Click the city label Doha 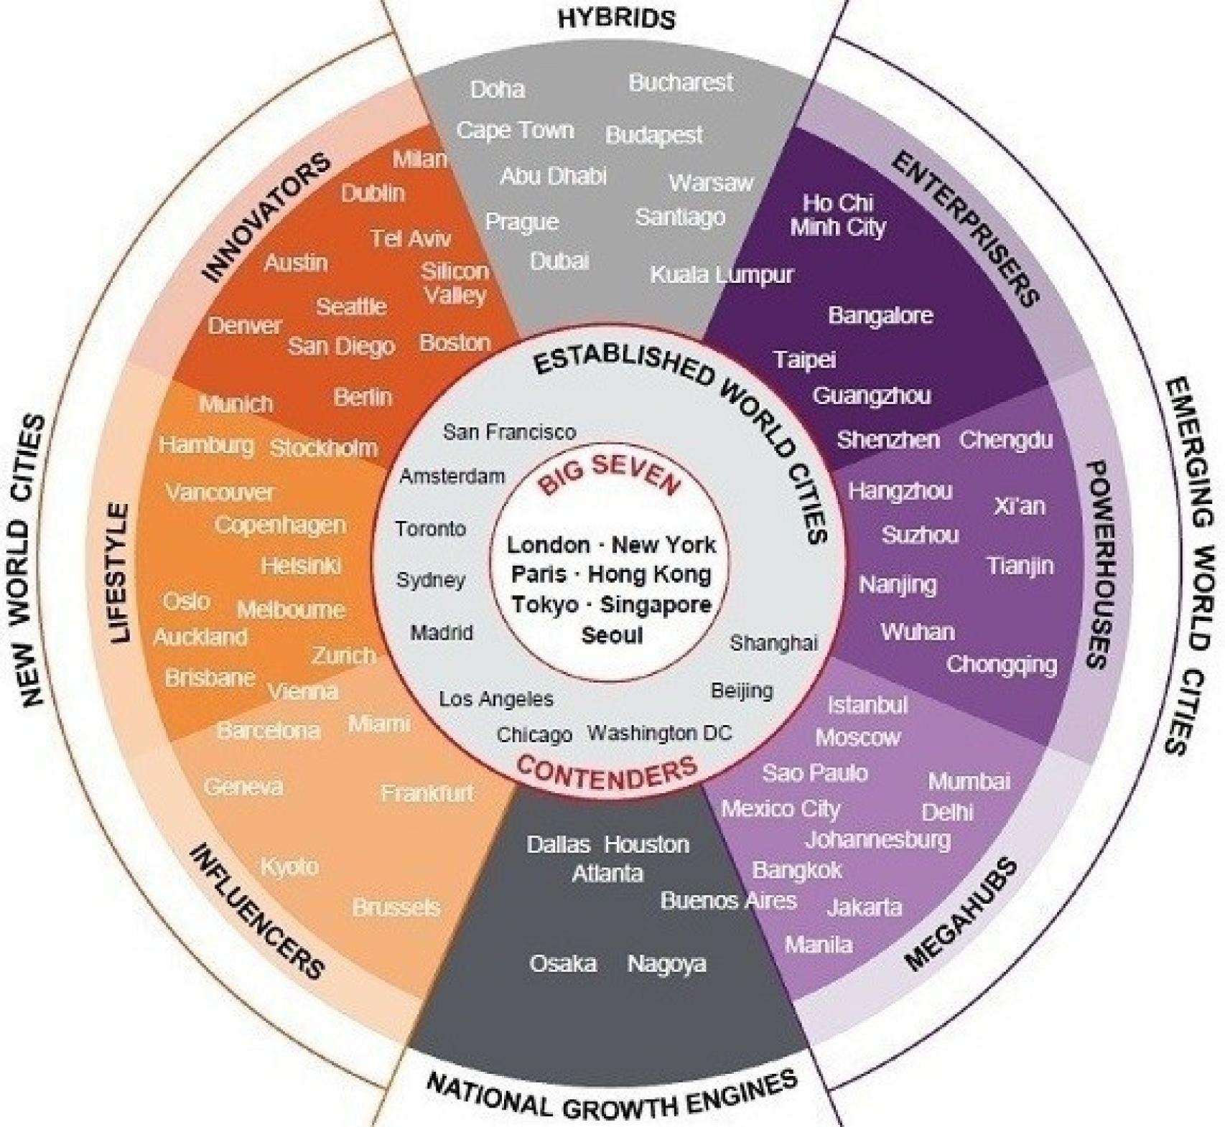pos(498,90)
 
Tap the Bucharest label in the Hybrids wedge pos(681,83)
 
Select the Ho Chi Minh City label pos(838,215)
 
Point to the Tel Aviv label pos(411,238)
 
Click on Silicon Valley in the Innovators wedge pos(455,283)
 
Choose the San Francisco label pos(509,432)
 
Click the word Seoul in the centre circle pos(612,635)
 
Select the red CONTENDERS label pos(607,773)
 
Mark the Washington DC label pos(660,733)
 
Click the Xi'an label pos(1020,506)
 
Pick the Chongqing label pos(1002,665)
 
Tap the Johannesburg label pos(877,840)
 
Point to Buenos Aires pos(728,901)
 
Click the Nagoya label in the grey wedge pos(666,964)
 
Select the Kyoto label pos(289,867)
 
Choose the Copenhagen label pos(280,525)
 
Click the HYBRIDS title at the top pos(616,18)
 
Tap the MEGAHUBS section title pos(961,914)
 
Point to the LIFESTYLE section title pos(120,573)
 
